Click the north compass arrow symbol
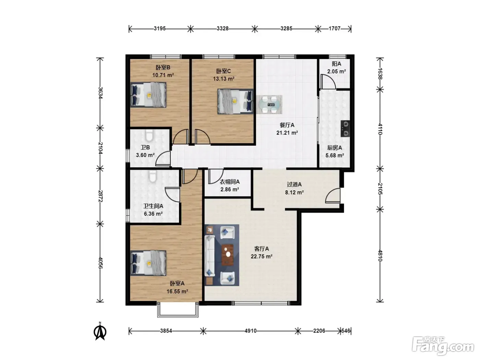100,331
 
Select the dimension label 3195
160,29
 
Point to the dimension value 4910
250,331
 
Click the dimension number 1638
380,74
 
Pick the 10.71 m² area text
163,75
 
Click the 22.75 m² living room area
261,256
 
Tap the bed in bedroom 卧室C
235,101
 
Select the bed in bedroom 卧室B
148,95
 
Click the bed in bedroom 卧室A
148,263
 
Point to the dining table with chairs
269,105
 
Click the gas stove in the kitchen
345,129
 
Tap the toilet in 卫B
149,135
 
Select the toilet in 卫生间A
153,176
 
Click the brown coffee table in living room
228,255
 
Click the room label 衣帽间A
229,182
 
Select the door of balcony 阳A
328,82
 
